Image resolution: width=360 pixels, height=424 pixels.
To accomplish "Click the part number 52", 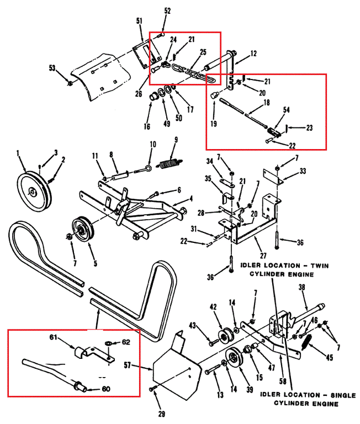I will tap(167, 10).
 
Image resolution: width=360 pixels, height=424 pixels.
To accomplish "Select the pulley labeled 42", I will tap(225, 337).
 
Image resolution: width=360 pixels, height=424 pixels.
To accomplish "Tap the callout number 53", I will tap(52, 68).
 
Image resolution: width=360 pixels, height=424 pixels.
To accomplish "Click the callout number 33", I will tap(301, 171).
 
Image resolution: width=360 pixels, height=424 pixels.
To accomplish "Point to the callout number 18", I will tap(267, 103).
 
